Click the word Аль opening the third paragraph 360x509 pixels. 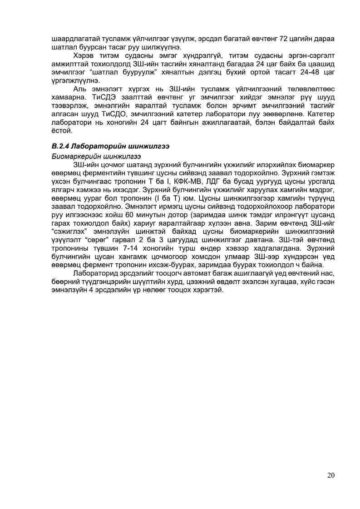79,89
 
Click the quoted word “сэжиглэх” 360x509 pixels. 68,233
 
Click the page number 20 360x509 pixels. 330,475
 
